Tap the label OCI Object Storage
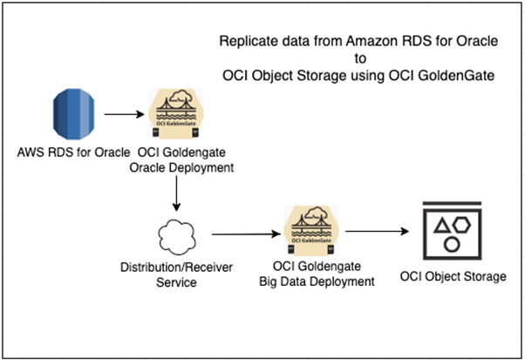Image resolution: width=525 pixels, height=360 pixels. [x=452, y=277]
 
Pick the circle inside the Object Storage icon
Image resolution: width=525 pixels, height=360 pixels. [x=452, y=245]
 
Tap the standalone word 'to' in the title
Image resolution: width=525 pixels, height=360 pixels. [x=358, y=58]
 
